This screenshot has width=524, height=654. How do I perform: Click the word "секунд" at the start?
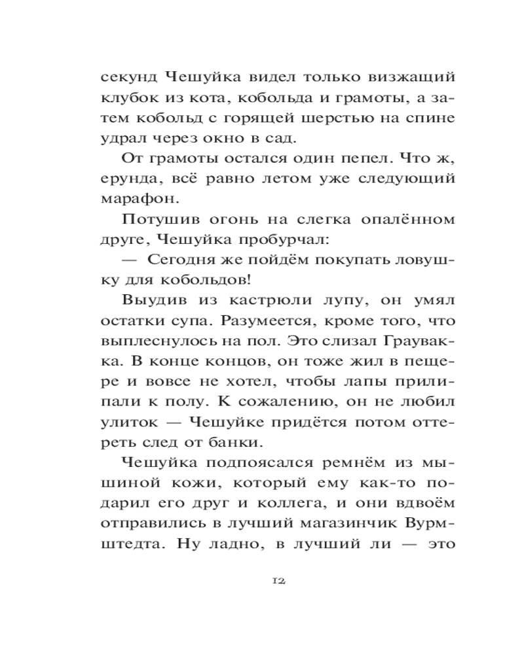click(128, 77)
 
